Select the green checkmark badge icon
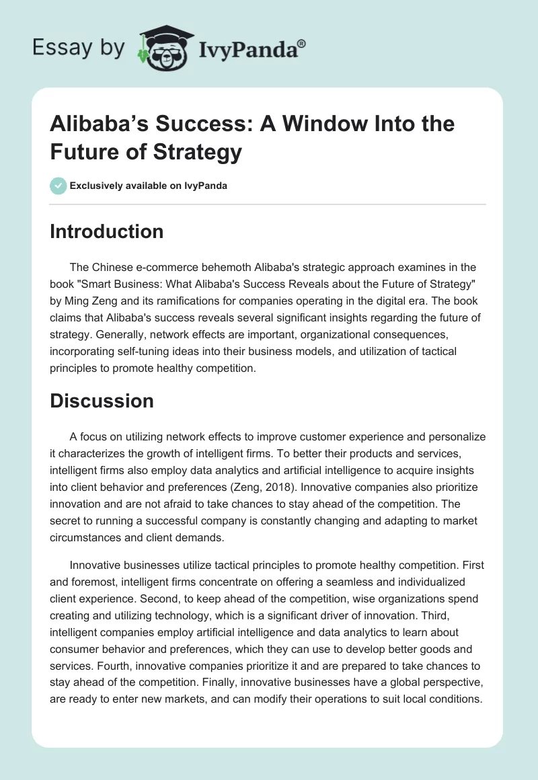[59, 186]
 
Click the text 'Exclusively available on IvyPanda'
[149, 186]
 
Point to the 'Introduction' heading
[107, 231]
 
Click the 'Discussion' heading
[102, 401]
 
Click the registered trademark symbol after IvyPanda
[301, 42]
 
